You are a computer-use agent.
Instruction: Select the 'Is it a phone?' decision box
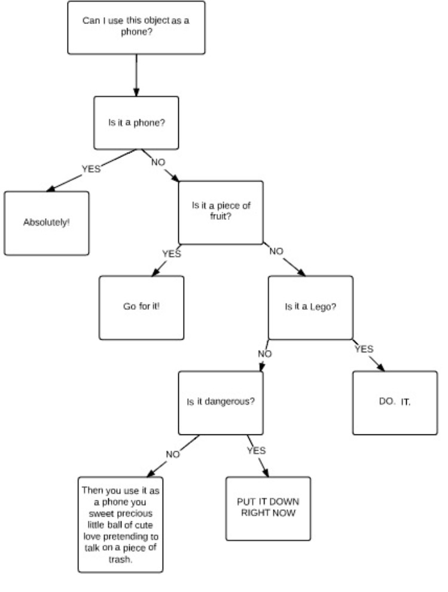[136, 122]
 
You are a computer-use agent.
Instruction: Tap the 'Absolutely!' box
[47, 223]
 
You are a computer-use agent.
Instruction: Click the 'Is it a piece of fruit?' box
[221, 212]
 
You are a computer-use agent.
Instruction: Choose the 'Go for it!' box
[141, 307]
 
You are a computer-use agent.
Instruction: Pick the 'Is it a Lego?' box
[310, 307]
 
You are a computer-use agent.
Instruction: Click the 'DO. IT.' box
[395, 402]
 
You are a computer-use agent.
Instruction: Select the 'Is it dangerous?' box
[221, 402]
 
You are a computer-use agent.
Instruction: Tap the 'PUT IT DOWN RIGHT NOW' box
[268, 508]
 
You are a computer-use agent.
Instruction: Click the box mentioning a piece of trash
[120, 524]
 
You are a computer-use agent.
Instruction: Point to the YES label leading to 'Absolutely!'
[91, 168]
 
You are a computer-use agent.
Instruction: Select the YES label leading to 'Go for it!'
[171, 253]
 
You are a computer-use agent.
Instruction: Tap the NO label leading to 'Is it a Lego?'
[276, 251]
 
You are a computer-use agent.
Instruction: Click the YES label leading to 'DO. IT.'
[364, 348]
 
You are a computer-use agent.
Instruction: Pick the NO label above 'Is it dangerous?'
[264, 354]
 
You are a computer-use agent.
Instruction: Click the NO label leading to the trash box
[172, 454]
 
